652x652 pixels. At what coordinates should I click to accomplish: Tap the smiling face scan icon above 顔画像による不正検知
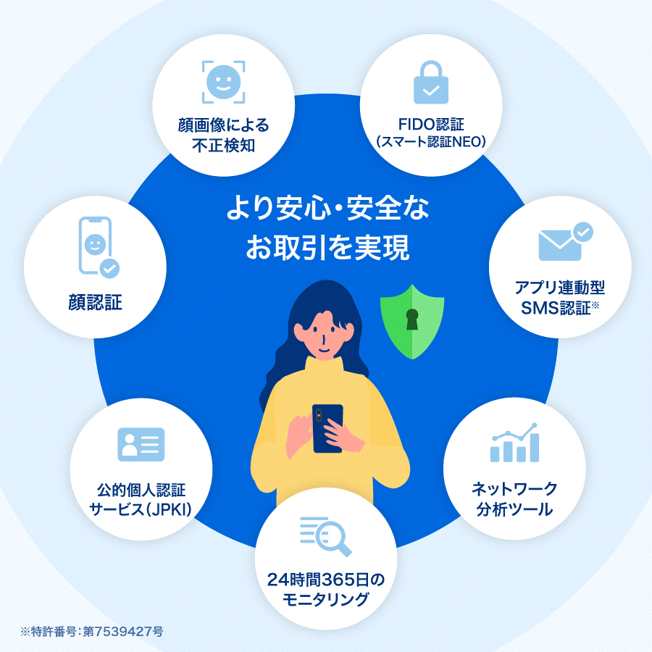pos(223,81)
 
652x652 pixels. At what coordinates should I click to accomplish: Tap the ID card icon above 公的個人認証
pos(141,444)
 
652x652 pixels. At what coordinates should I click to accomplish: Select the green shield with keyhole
pos(412,320)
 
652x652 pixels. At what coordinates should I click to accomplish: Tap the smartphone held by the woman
pos(327,428)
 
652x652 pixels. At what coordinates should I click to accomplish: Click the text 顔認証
pos(91,301)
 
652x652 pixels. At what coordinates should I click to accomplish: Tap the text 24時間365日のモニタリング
pos(326,590)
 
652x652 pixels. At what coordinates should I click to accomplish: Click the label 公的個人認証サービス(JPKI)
pos(141,499)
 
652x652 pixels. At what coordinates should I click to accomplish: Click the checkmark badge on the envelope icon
pos(582,232)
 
